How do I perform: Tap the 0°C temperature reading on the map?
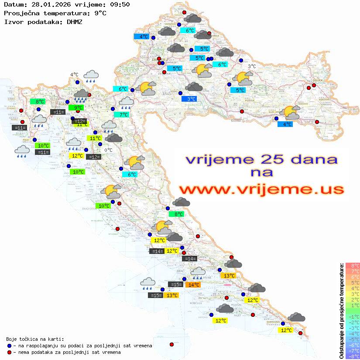[x=108, y=150]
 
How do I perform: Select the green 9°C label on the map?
[x=79, y=108]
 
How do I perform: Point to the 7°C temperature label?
[x=124, y=115]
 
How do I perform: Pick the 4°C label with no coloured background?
[x=74, y=75]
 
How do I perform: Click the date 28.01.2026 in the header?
[x=46, y=4]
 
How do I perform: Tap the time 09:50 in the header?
[x=119, y=4]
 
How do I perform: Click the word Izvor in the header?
[x=13, y=21]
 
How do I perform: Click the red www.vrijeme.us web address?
[x=261, y=189]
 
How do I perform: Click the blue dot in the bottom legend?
[x=9, y=346]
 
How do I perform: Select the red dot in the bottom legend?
[x=9, y=352]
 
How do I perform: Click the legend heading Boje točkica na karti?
[x=35, y=339]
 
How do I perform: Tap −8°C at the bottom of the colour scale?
[x=352, y=357]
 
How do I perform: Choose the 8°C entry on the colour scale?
[x=352, y=265]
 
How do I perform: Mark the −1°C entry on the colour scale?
[x=352, y=316]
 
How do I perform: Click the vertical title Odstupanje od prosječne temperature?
[x=341, y=311]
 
